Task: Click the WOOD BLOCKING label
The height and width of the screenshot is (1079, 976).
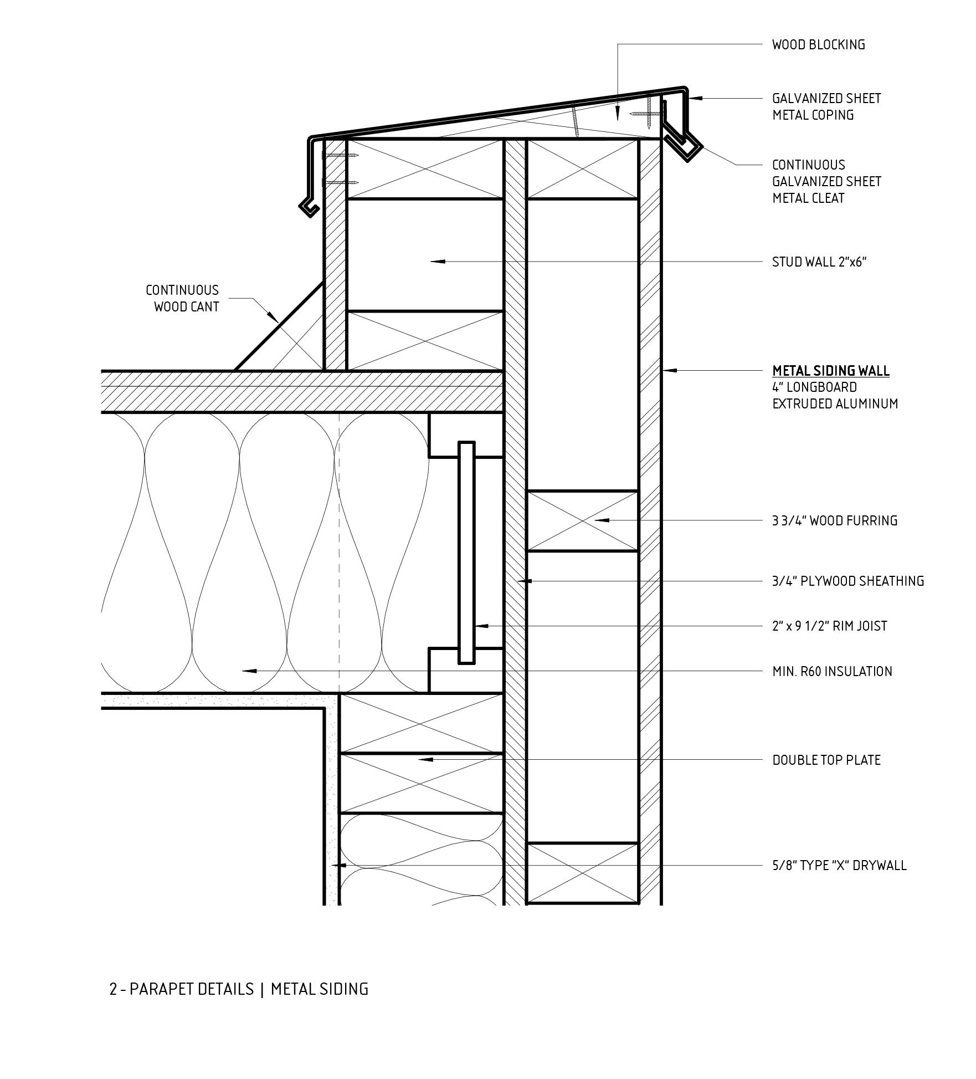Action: [818, 45]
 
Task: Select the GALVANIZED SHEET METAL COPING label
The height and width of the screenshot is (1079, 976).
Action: [826, 107]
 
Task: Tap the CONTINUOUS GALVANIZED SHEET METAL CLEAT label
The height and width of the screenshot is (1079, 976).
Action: [826, 182]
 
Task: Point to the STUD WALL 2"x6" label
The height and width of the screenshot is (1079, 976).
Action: [819, 262]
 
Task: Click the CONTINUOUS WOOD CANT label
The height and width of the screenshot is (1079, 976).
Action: [182, 299]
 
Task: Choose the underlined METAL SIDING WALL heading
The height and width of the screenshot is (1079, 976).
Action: [830, 371]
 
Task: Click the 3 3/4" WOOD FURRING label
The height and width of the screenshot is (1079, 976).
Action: [834, 521]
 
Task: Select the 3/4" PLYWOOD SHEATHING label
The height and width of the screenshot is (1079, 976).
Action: [847, 581]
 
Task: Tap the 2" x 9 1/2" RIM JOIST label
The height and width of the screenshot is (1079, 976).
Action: [829, 626]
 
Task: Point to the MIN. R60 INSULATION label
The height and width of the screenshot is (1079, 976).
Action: [832, 672]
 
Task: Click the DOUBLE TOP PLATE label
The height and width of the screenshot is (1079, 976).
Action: [826, 760]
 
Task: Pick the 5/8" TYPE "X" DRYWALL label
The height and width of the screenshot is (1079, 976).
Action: [839, 865]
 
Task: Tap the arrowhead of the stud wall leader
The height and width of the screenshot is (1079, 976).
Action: [438, 261]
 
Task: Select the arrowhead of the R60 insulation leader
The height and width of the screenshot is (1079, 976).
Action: [249, 671]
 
